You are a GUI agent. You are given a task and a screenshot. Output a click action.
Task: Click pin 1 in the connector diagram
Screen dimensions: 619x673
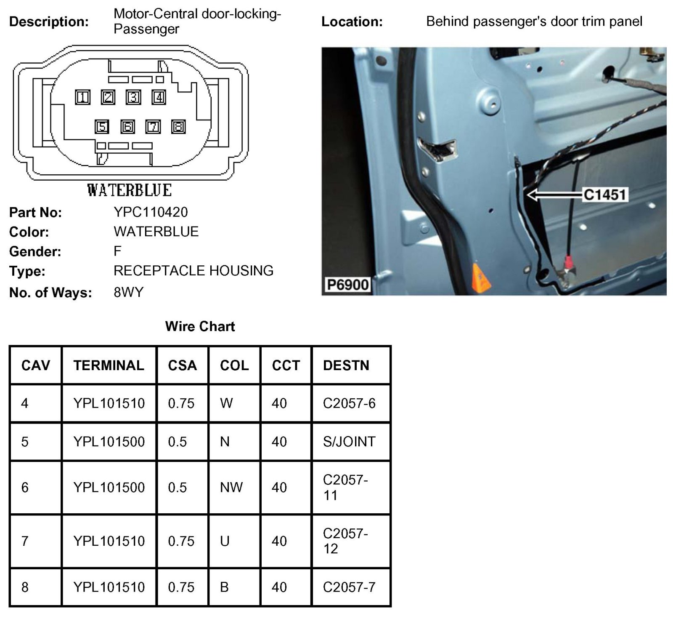coord(83,98)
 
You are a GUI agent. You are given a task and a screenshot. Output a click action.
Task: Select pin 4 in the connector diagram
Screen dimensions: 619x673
coord(159,98)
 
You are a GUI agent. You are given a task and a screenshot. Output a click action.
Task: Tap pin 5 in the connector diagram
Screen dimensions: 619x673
coord(102,127)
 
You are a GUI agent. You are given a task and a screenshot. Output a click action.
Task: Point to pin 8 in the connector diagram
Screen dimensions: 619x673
coord(178,127)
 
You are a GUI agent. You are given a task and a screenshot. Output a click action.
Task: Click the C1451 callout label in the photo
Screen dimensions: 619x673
coord(605,195)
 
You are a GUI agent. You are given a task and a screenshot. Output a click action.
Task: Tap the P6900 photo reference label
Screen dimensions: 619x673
coord(348,285)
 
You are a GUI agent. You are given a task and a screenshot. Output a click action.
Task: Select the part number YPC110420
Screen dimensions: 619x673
coord(151,212)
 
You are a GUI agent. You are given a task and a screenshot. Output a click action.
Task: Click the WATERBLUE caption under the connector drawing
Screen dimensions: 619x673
coord(130,190)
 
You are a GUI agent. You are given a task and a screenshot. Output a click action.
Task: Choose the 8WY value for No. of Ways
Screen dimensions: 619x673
coord(128,292)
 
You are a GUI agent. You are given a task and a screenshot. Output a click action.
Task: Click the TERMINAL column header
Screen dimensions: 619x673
coord(109,366)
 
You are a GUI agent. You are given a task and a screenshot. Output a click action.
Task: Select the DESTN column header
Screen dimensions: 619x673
coord(346,366)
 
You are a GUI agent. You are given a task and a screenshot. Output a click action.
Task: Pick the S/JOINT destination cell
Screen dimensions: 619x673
coord(349,442)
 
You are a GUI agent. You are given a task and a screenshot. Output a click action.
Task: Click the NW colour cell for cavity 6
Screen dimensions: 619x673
coord(231,488)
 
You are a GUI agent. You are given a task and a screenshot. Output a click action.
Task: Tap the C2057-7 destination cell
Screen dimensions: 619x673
coord(349,587)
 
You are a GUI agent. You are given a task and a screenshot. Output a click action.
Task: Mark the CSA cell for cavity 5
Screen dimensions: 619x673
coord(178,442)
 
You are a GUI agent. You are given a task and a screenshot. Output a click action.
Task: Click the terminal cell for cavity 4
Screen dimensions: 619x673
coord(109,403)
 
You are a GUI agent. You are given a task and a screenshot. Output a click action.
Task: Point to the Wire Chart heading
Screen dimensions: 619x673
coord(200,326)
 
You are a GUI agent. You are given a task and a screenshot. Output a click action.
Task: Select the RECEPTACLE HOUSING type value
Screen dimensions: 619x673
coord(193,271)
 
